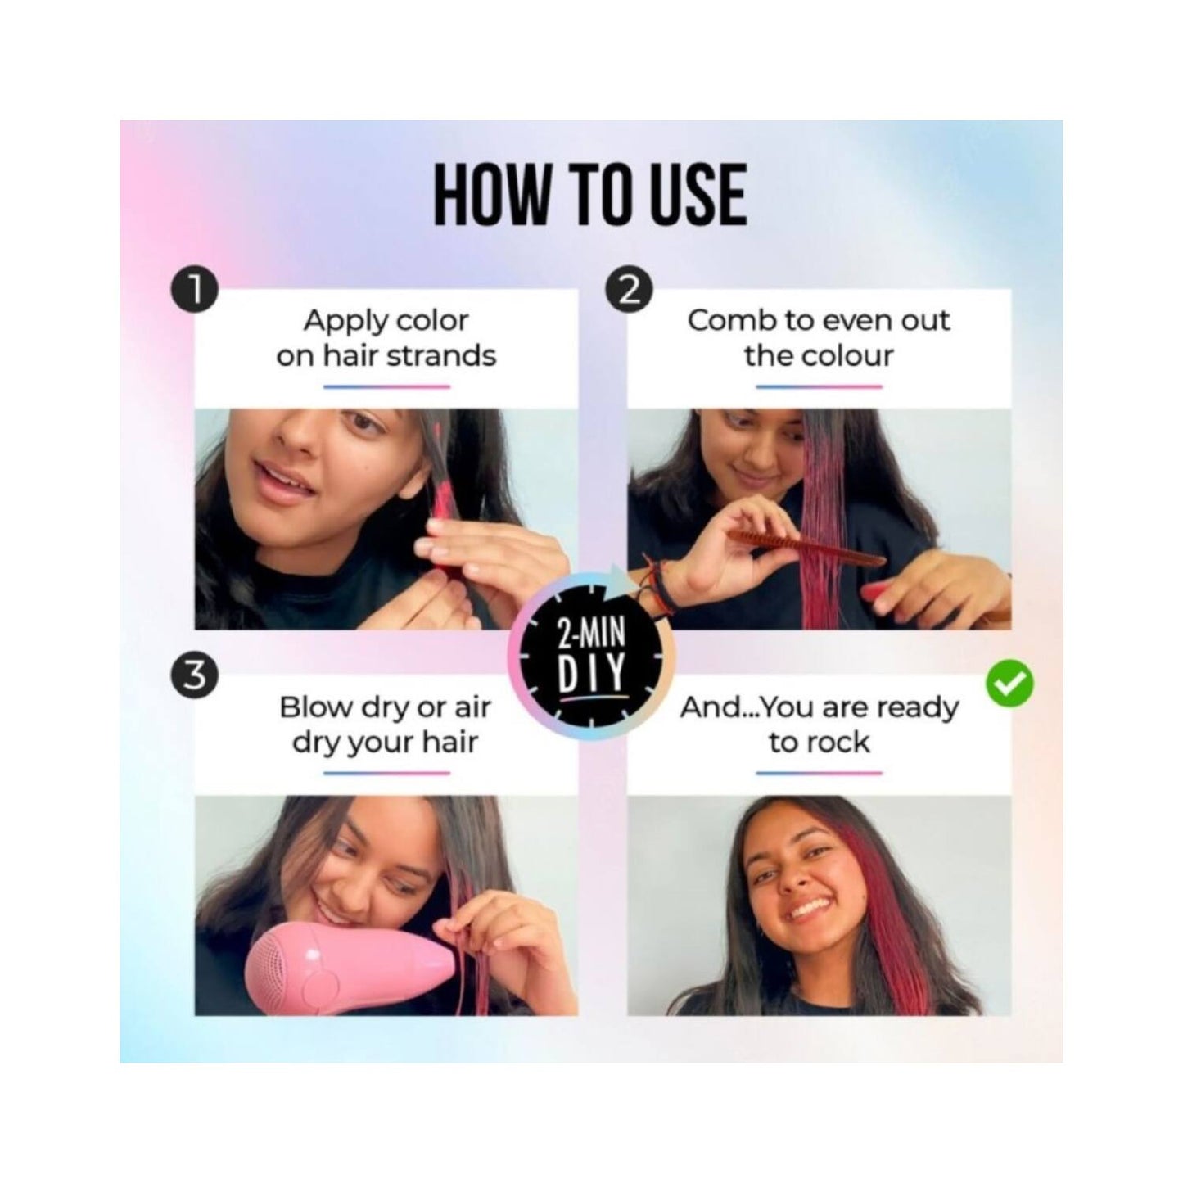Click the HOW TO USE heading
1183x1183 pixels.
point(590,195)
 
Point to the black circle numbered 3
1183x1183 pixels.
point(195,676)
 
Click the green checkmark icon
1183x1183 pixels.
point(1009,682)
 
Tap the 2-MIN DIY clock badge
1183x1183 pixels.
point(590,654)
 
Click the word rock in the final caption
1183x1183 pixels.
point(837,743)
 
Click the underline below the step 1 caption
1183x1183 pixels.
point(386,386)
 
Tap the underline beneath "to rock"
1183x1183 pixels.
point(819,774)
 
